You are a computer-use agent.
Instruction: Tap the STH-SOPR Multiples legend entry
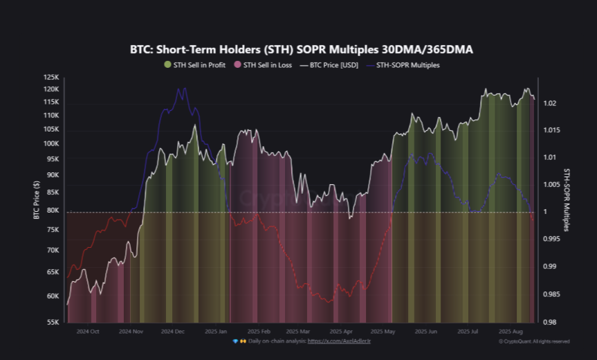(407, 65)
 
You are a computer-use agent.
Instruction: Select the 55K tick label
(53, 323)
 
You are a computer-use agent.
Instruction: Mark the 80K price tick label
(53, 210)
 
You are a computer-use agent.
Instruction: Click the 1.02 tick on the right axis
(549, 103)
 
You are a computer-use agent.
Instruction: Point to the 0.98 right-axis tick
(549, 322)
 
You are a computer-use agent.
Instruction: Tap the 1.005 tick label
(551, 184)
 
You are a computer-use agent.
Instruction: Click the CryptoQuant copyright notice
(534, 341)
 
